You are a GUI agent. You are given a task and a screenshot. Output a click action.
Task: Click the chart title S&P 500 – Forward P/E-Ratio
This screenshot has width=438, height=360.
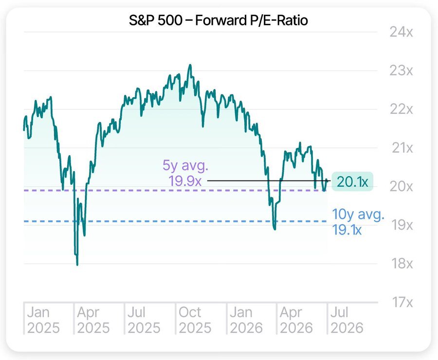(x=218, y=20)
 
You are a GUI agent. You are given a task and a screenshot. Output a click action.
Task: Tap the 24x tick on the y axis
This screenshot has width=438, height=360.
(x=401, y=32)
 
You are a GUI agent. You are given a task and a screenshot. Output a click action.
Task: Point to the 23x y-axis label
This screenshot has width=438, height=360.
(x=401, y=71)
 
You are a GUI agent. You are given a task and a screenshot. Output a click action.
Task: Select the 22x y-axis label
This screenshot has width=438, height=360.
(x=401, y=109)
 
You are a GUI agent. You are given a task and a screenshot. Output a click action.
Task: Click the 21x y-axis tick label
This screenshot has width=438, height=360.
(x=402, y=148)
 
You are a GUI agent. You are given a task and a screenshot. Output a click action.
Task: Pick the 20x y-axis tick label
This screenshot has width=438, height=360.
(x=401, y=186)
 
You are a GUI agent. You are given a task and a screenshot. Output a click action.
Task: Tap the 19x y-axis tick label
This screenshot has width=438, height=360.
(x=402, y=225)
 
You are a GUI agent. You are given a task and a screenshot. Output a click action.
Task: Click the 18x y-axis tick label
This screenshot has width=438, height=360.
(x=402, y=263)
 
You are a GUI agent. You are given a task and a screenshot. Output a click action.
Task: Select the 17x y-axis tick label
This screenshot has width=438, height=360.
(x=402, y=302)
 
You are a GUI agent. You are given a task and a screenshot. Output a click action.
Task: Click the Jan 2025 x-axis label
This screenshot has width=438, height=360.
(x=43, y=320)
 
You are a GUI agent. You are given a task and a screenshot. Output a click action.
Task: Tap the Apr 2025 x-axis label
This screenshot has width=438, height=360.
(x=93, y=320)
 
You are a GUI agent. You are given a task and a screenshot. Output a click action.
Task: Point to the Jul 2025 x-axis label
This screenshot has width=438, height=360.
(x=144, y=320)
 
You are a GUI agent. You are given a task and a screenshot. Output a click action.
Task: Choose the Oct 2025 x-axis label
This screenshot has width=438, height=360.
(x=195, y=320)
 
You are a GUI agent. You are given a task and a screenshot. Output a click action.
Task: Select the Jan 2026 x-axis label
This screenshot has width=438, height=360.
(x=246, y=320)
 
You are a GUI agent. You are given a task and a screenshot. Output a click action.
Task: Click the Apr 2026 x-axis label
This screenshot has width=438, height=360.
(x=296, y=320)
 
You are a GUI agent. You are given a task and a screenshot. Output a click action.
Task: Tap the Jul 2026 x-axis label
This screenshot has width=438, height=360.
(x=347, y=320)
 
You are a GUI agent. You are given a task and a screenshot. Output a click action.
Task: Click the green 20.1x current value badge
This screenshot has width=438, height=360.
(x=352, y=181)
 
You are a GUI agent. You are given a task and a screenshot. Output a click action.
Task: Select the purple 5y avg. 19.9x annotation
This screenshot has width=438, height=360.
(x=185, y=173)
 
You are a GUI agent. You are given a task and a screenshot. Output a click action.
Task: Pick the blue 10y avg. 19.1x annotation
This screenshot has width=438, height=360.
(x=358, y=222)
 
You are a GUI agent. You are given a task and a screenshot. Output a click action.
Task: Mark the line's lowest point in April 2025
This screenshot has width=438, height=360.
(x=77, y=265)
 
